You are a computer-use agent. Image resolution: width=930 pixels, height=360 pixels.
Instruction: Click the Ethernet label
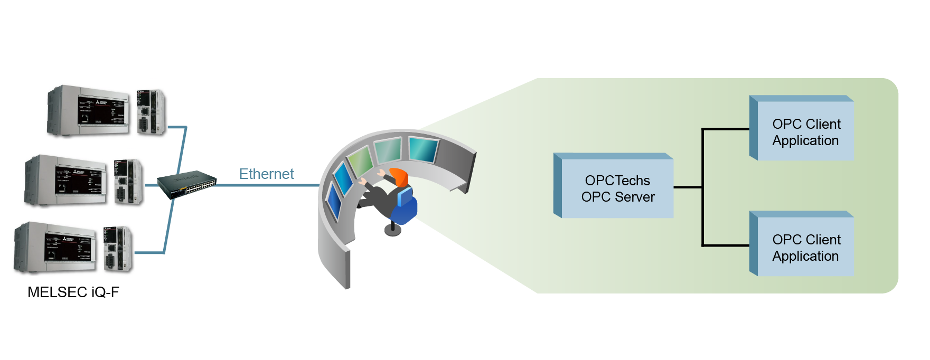click(266, 174)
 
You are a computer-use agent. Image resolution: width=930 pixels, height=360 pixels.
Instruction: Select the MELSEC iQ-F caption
click(73, 292)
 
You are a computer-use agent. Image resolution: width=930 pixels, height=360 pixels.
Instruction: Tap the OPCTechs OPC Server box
click(613, 186)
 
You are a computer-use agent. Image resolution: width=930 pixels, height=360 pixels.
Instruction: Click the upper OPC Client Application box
click(802, 128)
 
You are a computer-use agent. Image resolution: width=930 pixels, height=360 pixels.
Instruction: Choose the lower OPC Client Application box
click(802, 243)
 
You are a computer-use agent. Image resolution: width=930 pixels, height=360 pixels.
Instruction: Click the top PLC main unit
click(88, 111)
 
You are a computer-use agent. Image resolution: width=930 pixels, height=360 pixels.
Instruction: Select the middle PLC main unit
click(65, 181)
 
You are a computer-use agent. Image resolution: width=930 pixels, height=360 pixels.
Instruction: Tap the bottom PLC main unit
click(55, 248)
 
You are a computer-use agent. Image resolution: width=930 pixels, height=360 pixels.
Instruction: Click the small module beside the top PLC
click(152, 112)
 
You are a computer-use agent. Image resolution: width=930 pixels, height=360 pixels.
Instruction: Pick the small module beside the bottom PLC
click(118, 249)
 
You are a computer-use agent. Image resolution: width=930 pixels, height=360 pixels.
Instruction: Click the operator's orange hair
click(399, 177)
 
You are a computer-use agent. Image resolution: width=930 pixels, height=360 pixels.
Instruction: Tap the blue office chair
click(405, 206)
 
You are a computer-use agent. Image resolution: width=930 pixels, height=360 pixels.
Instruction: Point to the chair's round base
click(392, 230)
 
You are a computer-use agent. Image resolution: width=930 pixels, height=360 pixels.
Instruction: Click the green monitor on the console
click(360, 162)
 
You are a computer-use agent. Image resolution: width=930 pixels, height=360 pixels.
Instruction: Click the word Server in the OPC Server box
click(635, 197)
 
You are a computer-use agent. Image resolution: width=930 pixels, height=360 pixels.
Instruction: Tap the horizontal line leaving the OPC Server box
click(688, 187)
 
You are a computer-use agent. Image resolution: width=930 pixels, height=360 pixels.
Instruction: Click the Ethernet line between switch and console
click(268, 185)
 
